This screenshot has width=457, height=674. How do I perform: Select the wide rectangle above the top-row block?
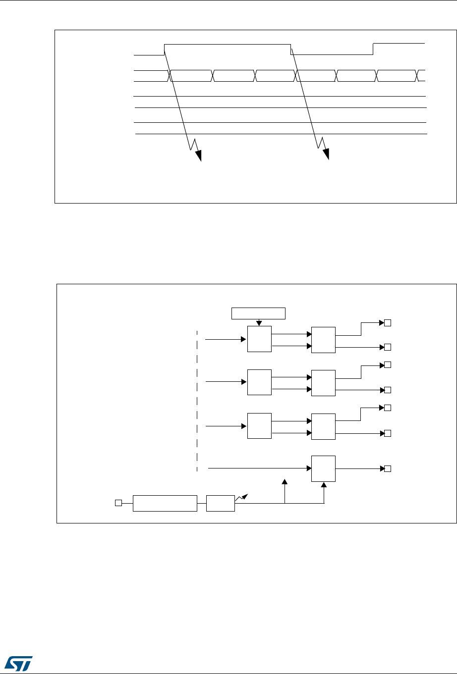click(x=259, y=313)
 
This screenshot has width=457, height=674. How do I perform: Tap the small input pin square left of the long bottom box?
click(x=118, y=503)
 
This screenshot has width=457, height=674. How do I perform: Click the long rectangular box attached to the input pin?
click(x=165, y=503)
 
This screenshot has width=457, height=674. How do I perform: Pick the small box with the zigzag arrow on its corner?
click(x=221, y=503)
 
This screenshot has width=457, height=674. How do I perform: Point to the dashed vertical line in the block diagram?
click(x=197, y=401)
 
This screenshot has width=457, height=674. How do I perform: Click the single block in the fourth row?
click(x=323, y=468)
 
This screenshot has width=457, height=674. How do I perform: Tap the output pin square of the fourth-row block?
click(x=388, y=468)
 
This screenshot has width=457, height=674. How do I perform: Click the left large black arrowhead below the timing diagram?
click(x=199, y=155)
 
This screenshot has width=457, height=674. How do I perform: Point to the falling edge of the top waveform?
click(x=290, y=49)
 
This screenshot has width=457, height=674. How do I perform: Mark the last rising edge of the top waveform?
click(x=373, y=49)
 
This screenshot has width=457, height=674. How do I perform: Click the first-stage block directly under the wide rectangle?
click(x=259, y=339)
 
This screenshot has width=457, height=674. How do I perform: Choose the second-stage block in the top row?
click(x=323, y=340)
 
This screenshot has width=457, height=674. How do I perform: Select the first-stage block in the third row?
click(x=259, y=425)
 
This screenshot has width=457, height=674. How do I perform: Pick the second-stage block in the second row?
click(x=323, y=382)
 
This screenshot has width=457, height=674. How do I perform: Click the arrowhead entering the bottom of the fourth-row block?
click(x=324, y=484)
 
